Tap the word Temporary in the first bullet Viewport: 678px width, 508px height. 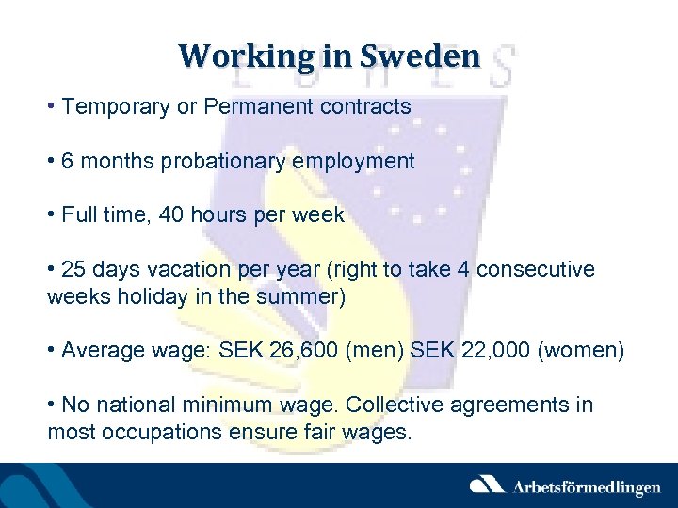116,106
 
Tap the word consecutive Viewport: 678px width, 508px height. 536,269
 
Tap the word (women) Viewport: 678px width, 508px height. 581,351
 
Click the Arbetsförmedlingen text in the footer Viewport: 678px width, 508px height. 586,486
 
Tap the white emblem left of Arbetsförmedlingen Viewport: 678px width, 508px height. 488,485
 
